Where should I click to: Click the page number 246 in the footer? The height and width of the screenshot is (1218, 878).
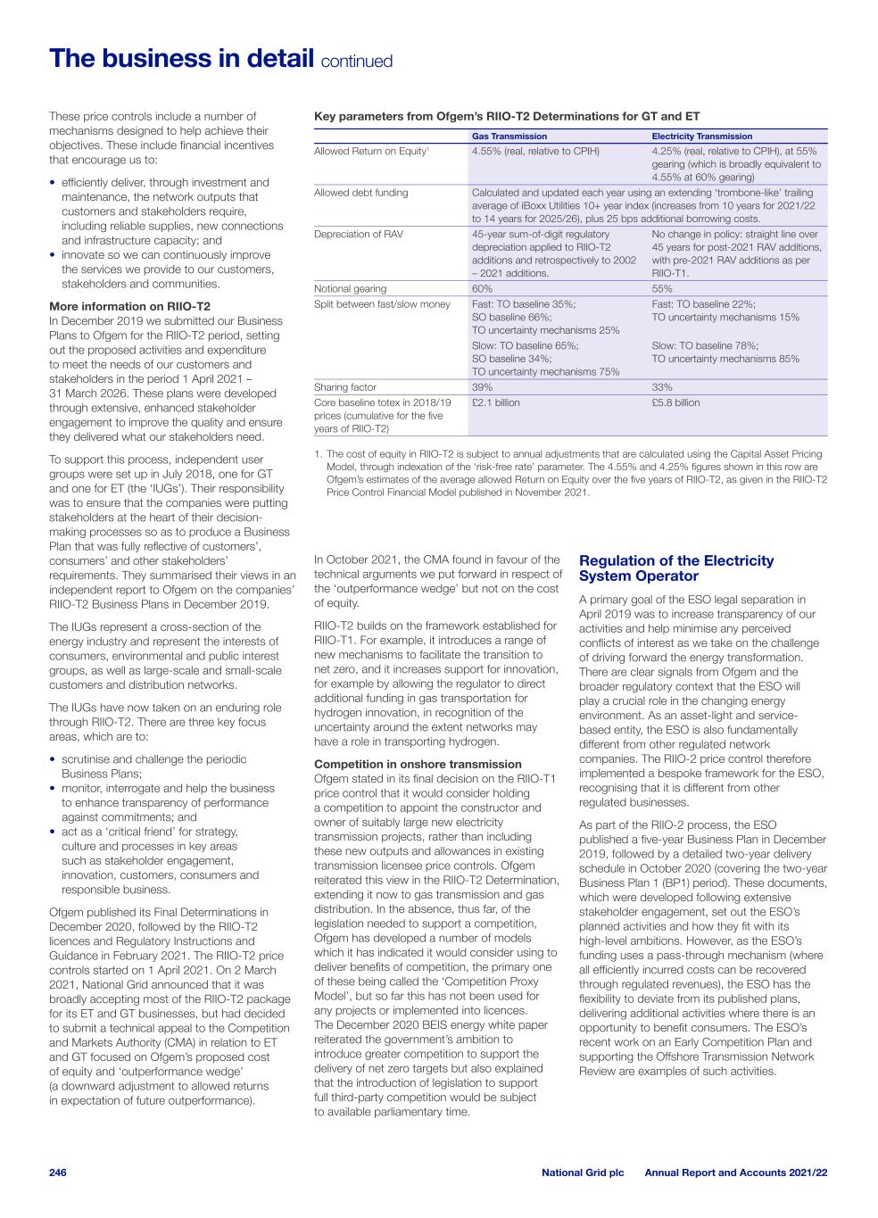pos(58,1172)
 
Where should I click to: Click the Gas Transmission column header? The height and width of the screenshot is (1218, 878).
pos(509,137)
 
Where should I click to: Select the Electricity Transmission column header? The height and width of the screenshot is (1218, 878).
pos(701,137)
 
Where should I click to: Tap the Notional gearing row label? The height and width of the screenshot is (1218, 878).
pos(351,289)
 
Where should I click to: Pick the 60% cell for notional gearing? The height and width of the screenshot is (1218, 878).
pos(482,289)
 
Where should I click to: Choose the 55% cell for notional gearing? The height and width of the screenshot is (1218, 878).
pos(662,289)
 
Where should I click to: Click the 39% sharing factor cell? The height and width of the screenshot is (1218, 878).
pos(482,387)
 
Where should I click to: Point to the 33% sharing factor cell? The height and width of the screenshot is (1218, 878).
pos(662,387)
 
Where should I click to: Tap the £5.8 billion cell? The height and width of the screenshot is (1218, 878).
pos(675,402)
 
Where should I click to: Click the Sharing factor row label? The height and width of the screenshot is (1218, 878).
pos(344,387)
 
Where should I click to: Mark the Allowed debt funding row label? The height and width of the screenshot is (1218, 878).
pos(360,193)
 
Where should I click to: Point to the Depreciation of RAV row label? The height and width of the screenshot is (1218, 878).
pos(358,235)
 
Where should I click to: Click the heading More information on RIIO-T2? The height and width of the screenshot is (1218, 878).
pos(129,306)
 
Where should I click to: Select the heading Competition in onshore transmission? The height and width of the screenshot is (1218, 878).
pos(418,764)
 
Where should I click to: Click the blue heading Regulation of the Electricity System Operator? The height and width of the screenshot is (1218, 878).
pos(676,568)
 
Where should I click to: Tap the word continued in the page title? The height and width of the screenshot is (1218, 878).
pos(356,62)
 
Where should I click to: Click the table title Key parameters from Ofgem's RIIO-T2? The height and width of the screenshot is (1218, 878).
pos(507,116)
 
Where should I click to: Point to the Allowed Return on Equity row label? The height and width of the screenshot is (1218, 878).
pos(371,152)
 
